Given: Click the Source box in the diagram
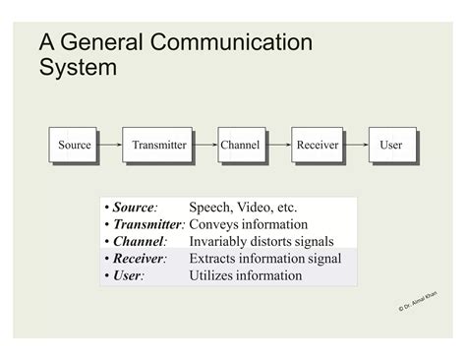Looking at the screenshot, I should (x=74, y=145).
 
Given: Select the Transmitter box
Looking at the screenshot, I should (x=158, y=145).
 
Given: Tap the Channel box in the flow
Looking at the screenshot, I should (x=240, y=145).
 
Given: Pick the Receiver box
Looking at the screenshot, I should (x=317, y=145).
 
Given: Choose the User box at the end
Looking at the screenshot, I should (x=391, y=145).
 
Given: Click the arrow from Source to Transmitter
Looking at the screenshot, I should (x=109, y=145).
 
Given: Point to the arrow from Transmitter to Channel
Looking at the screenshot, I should (x=205, y=145).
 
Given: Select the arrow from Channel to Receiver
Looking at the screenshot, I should (x=277, y=145).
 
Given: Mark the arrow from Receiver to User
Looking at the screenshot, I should (x=355, y=145).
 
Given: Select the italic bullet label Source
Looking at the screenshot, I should (x=134, y=208).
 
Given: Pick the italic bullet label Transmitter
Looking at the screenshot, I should (x=148, y=224).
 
